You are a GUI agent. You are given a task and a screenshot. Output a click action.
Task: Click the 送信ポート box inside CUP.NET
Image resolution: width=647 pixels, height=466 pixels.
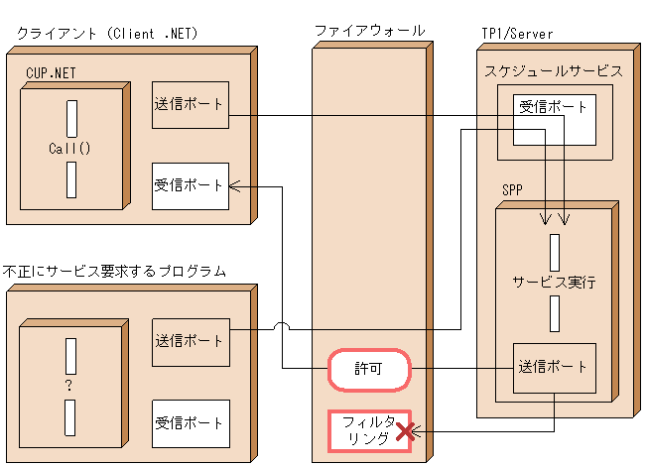[191, 104]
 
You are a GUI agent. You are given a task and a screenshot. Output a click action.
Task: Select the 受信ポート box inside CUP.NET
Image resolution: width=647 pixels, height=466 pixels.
[191, 185]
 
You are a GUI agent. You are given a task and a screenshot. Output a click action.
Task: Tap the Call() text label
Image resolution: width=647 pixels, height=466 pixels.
[69, 149]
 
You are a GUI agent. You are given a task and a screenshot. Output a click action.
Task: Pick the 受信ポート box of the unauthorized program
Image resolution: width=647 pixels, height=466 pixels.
[191, 423]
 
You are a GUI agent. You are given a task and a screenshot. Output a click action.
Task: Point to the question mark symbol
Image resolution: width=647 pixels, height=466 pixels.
[69, 386]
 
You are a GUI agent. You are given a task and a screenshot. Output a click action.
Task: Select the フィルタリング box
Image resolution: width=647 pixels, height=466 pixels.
[369, 429]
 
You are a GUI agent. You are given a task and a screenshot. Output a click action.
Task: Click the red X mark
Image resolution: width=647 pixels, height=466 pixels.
[405, 431]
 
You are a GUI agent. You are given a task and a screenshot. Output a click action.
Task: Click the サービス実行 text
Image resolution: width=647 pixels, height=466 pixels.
[554, 282]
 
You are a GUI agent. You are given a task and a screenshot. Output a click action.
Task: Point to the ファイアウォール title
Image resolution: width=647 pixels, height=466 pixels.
[369, 31]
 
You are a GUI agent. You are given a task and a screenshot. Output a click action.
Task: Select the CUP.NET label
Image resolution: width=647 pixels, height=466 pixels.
[52, 72]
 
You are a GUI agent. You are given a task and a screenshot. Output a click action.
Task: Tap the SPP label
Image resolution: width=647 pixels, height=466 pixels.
[513, 188]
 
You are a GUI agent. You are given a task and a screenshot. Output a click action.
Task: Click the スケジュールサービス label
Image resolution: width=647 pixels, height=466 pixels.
[554, 71]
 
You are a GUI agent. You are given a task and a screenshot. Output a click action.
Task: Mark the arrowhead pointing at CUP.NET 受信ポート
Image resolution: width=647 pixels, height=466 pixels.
[234, 185]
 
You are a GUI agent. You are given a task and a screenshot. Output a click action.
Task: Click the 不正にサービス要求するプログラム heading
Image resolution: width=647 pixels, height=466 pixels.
[115, 270]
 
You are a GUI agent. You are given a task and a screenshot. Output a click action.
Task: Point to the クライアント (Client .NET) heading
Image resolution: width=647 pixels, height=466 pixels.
[108, 34]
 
